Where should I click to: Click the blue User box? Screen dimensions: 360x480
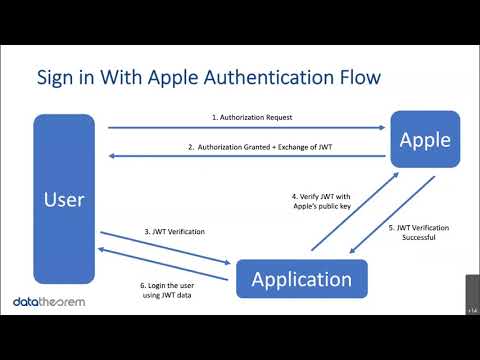(x=64, y=199)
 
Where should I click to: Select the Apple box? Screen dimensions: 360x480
(x=425, y=140)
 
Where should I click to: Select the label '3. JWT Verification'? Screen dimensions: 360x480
(x=175, y=232)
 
